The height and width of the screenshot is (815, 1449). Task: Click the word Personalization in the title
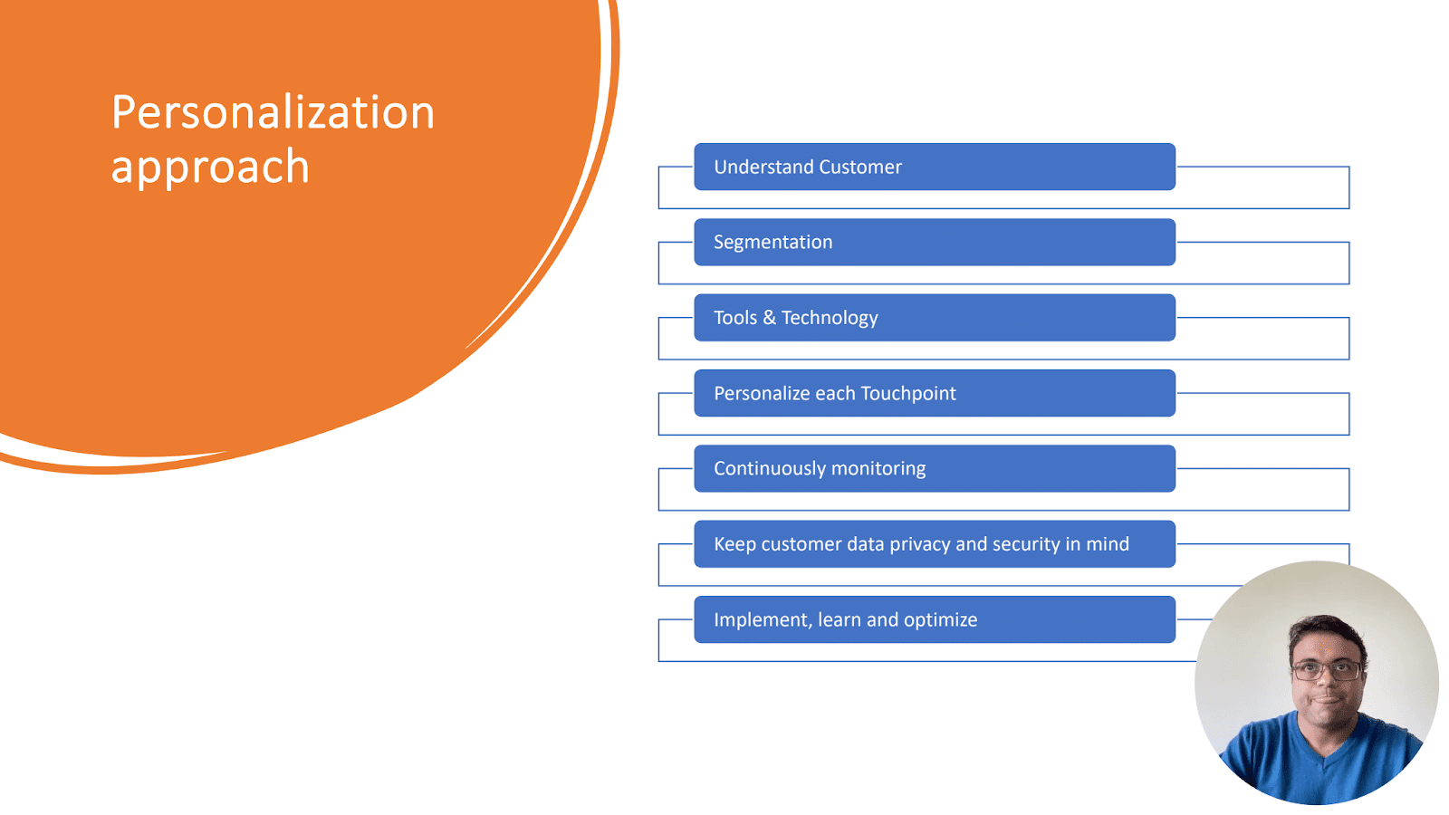(273, 112)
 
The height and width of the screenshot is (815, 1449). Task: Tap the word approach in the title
(210, 168)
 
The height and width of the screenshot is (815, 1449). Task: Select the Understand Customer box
(935, 167)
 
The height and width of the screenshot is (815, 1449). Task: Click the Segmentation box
(935, 242)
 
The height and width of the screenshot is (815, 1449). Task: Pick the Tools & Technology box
(935, 318)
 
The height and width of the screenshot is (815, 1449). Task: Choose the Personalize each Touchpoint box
(935, 393)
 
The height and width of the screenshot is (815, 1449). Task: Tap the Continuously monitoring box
(935, 468)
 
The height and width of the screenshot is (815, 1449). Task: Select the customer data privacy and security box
(935, 544)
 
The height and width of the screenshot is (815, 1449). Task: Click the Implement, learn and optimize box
(935, 619)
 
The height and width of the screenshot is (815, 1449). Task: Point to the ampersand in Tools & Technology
(769, 318)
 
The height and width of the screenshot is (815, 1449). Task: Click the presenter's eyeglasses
(1326, 671)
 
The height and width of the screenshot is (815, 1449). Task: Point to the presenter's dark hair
(1326, 634)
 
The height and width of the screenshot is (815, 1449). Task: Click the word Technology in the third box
(830, 318)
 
